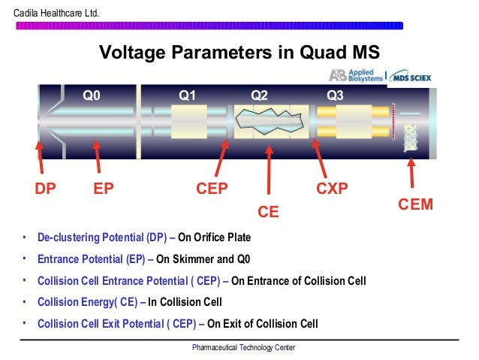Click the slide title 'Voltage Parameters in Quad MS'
pos(239,53)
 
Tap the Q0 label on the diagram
pos(92,95)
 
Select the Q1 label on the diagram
pos(187,95)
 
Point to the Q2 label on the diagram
pos(259,95)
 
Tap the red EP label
pos(104,189)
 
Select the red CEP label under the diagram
pos(212,189)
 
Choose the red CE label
pos(268,213)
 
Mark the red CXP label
pos(332,189)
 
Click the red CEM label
pos(414,204)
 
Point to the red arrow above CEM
pos(411,170)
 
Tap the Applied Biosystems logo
pos(355,75)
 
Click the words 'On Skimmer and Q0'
pos(203,259)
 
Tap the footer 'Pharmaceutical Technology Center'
pos(244,348)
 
